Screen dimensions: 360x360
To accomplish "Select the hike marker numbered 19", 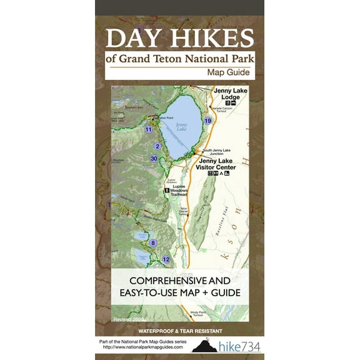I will click(x=208, y=121).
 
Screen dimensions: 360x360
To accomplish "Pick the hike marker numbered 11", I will click(x=148, y=130).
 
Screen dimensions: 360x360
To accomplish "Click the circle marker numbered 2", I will click(x=157, y=146).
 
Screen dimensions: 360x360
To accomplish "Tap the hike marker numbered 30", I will click(x=154, y=159).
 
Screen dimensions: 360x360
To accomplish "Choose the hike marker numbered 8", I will click(x=152, y=242).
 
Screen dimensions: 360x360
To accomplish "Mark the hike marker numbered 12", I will click(x=166, y=259).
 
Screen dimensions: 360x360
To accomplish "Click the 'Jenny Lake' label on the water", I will click(x=181, y=126).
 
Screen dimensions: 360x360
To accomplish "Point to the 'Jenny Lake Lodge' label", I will click(x=226, y=94).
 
